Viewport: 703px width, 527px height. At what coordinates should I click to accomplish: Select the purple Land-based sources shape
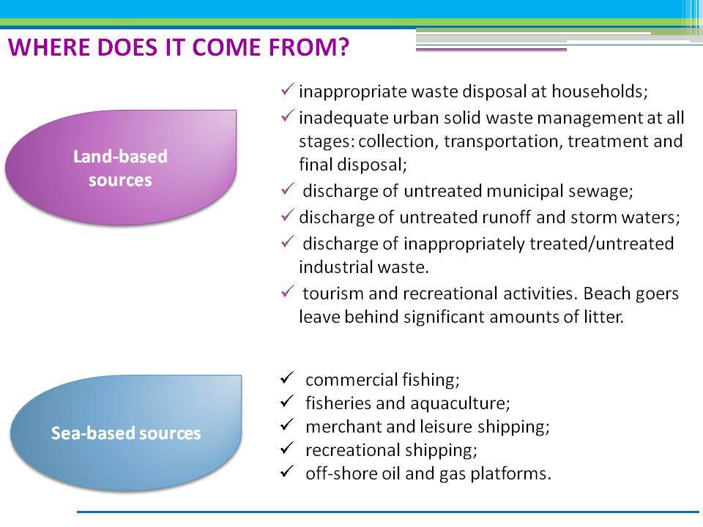[x=121, y=167]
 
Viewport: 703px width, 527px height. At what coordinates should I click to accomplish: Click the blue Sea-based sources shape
[x=125, y=433]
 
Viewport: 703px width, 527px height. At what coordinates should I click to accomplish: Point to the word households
[x=600, y=91]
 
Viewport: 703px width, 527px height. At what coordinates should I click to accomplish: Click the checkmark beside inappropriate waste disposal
[x=287, y=89]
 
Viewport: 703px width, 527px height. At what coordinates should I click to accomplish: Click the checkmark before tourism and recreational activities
[x=287, y=291]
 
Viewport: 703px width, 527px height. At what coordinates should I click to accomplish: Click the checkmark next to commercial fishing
[x=286, y=378]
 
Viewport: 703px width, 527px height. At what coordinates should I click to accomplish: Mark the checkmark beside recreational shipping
[x=286, y=448]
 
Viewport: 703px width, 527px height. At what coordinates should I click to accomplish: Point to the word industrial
[x=336, y=267]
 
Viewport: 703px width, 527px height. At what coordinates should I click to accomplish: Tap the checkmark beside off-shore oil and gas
[x=286, y=471]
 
